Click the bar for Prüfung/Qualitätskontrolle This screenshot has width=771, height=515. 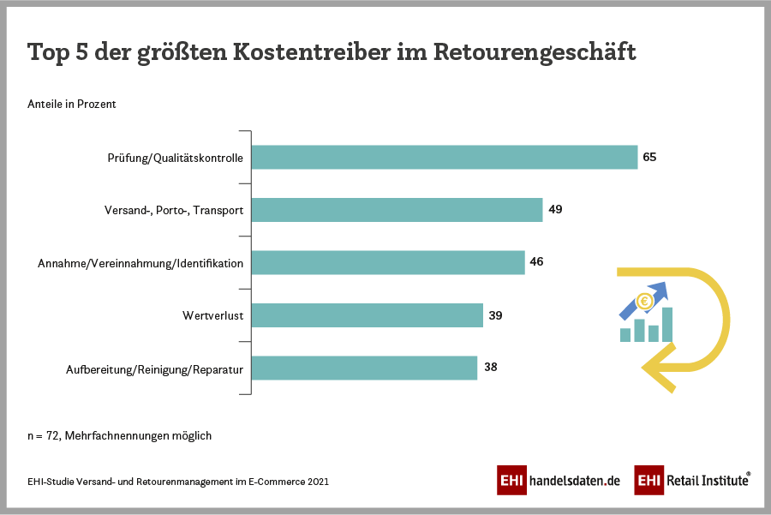(x=445, y=158)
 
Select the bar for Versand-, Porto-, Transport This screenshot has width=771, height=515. (x=397, y=210)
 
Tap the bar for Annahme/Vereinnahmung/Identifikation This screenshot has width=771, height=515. (x=388, y=262)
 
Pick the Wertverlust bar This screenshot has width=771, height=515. (x=368, y=315)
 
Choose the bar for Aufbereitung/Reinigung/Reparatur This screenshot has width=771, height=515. (x=364, y=368)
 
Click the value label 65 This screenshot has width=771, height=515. (x=649, y=158)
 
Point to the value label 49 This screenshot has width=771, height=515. (x=555, y=210)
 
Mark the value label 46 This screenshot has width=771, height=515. (x=537, y=262)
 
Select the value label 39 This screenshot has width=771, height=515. (x=495, y=315)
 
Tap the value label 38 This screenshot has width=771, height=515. (x=489, y=368)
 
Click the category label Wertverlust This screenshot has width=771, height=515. (x=213, y=316)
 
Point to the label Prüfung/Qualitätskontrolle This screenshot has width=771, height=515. (x=176, y=159)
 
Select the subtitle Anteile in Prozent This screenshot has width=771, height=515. (x=72, y=105)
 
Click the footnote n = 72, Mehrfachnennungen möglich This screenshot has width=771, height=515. (x=119, y=436)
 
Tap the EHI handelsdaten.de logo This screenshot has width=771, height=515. (x=559, y=481)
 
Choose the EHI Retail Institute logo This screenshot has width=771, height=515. (x=692, y=481)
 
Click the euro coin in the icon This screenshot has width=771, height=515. (x=644, y=302)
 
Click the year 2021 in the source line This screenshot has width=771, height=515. (x=317, y=482)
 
